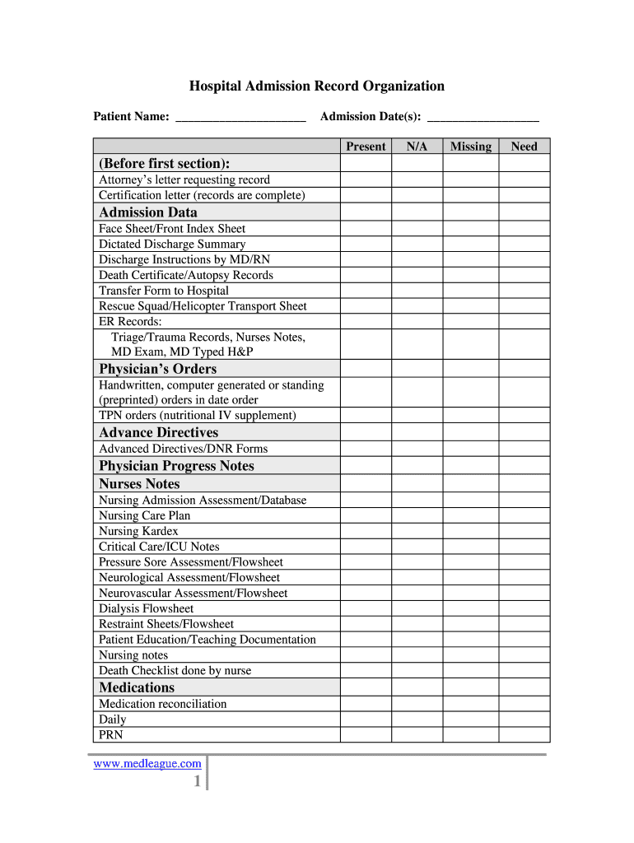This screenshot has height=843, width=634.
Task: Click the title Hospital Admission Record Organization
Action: point(317,86)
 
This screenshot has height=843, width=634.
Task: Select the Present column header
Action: point(366,147)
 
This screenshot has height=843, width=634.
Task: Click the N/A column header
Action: point(417,147)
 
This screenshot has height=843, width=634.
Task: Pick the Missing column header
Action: point(470,147)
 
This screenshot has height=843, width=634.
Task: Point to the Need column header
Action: point(524,147)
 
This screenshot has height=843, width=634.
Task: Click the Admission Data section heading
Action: point(148,212)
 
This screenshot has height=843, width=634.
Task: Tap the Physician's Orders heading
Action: point(158,369)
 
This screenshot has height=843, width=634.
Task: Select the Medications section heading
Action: point(137,687)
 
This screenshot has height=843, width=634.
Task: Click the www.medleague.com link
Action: point(147,764)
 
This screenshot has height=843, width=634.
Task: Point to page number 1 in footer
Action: point(197,782)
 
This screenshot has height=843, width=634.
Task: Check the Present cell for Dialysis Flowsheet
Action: point(366,609)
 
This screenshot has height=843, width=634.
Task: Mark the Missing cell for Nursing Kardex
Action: point(470,532)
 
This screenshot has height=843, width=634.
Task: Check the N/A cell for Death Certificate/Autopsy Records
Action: point(417,276)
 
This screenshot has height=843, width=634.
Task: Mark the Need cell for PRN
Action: point(524,735)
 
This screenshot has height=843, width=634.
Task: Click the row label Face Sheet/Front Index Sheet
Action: point(172,229)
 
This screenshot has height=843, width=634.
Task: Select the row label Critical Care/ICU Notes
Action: point(159,547)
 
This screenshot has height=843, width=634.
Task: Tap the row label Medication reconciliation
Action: point(162,704)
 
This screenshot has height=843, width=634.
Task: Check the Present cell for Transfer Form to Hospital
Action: point(366,291)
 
